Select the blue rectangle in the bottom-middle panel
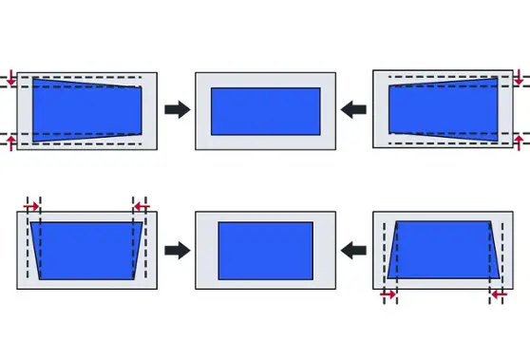[x=265, y=251]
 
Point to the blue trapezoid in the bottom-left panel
[x=86, y=251]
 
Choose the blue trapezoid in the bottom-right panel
[x=444, y=251]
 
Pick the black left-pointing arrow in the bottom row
[x=354, y=251]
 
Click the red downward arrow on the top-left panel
[x=10, y=77]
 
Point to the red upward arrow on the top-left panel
[x=10, y=143]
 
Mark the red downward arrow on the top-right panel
[x=519, y=77]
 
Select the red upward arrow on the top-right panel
[x=519, y=143]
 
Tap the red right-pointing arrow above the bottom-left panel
[x=30, y=205]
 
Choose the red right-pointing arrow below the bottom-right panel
[x=388, y=296]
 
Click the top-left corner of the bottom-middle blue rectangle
[x=218, y=223]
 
